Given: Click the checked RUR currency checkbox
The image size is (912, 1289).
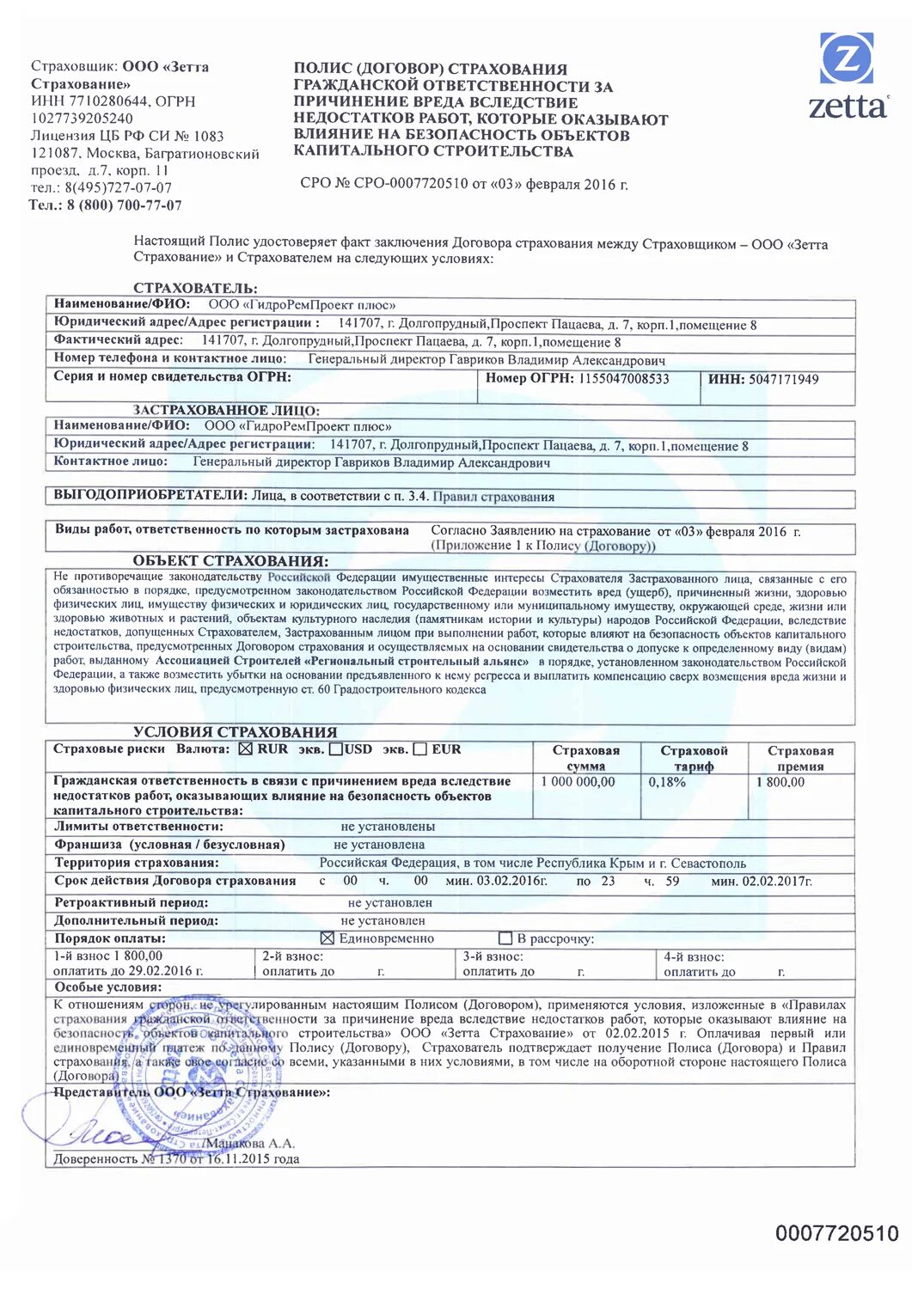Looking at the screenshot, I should [245, 749].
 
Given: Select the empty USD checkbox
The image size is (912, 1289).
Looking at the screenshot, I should [336, 749].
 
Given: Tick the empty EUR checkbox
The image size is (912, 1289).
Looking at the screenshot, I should [420, 749].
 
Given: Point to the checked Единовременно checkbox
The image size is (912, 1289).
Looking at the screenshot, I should [327, 938].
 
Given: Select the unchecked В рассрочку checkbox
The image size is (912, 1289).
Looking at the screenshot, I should [505, 938].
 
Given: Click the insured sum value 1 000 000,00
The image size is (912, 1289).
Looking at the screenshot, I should [578, 782].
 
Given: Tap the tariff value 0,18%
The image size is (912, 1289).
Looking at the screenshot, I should [667, 782].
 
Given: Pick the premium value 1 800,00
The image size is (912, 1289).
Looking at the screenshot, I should [780, 782].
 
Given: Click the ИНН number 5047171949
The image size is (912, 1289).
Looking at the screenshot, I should [783, 379].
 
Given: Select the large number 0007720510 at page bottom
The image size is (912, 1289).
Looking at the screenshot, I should [836, 1233].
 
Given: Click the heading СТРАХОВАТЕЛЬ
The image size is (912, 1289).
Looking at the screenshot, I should [195, 288].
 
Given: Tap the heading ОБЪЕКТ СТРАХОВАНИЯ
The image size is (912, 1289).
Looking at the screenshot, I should [230, 561].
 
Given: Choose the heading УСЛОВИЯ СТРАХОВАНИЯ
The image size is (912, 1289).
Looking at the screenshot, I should [235, 732].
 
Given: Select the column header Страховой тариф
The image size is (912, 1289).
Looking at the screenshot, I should [694, 758].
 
